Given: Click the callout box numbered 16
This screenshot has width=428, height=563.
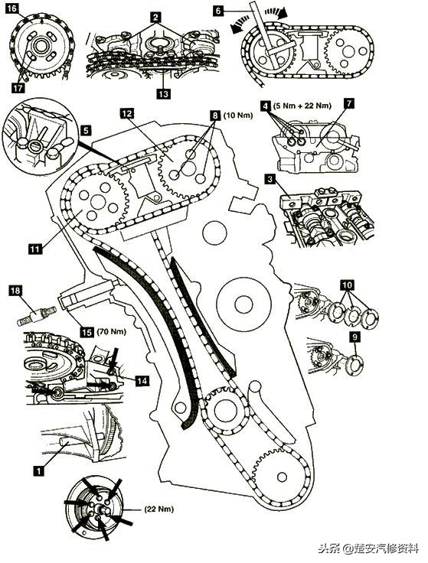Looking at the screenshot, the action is [11, 8].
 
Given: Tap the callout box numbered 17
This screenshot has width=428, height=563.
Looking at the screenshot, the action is [18, 88].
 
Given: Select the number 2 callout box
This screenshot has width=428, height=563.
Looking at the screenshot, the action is [155, 17].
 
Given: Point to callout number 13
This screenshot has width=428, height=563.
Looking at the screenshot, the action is [163, 94].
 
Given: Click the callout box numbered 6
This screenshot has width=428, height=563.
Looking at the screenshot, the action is [217, 11].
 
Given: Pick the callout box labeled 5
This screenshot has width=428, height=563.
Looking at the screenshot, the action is [87, 130].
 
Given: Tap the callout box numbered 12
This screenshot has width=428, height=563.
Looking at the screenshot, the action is [127, 113].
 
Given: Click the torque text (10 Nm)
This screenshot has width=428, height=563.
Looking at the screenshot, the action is [238, 116].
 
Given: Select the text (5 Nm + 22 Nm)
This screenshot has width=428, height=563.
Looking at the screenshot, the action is [302, 106].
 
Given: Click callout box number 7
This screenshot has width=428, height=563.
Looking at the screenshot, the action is [348, 103].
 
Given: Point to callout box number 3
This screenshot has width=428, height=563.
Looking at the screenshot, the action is [270, 178].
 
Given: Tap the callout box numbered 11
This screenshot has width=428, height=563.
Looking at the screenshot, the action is [35, 249].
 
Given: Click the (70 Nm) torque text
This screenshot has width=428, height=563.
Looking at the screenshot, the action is [111, 331].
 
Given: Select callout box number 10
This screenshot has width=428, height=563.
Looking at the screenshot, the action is [347, 285].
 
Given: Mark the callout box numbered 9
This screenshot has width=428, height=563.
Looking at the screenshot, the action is [355, 337].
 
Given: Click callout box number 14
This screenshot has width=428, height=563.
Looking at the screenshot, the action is [142, 381].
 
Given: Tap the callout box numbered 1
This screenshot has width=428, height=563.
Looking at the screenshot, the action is [38, 470].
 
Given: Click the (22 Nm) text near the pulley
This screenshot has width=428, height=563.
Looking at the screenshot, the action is [158, 509].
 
